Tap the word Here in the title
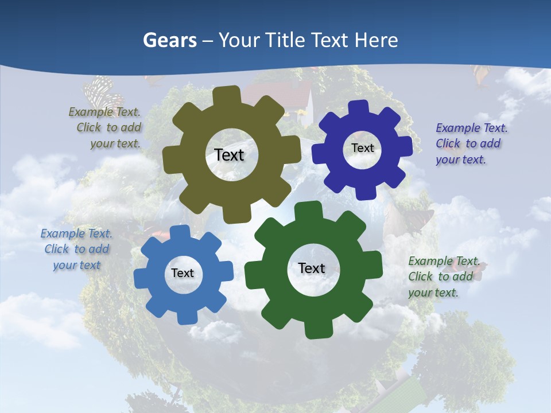tap(376, 40)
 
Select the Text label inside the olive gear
tap(229, 155)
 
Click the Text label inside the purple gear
tap(362, 148)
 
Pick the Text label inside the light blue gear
tap(182, 273)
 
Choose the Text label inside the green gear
tap(312, 268)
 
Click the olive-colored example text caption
tap(107, 127)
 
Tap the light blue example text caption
tap(76, 250)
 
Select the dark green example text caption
tap(442, 276)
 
